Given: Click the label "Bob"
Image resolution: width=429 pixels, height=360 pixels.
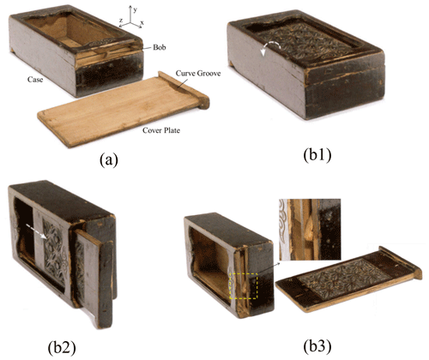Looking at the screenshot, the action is pyautogui.click(x=160, y=47).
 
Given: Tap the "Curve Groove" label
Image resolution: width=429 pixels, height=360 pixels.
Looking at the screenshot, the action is pyautogui.click(x=198, y=74).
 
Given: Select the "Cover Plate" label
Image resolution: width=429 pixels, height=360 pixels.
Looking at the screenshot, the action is pyautogui.click(x=161, y=130).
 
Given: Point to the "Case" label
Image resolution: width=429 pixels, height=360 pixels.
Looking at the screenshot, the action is pyautogui.click(x=35, y=80).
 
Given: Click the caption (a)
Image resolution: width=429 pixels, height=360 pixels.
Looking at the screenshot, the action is pyautogui.click(x=109, y=159).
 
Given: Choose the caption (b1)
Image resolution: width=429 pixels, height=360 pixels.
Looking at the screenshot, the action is pyautogui.click(x=317, y=155).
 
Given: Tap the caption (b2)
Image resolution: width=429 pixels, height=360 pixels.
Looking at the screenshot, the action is pyautogui.click(x=62, y=348).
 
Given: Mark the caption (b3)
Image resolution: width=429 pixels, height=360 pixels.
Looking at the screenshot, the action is pyautogui.click(x=317, y=347).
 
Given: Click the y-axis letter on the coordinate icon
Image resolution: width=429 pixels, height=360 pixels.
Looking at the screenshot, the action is pyautogui.click(x=136, y=9).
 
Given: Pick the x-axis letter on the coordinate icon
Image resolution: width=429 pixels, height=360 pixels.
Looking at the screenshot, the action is pyautogui.click(x=142, y=22).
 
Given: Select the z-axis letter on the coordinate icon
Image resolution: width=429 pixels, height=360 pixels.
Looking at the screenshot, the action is pyautogui.click(x=121, y=21).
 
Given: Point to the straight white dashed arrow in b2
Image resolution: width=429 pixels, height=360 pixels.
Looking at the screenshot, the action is pyautogui.click(x=36, y=231).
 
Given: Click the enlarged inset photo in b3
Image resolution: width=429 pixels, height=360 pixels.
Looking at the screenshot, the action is pyautogui.click(x=310, y=230).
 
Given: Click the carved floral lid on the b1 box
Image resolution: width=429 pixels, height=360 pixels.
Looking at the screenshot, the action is pyautogui.click(x=305, y=43).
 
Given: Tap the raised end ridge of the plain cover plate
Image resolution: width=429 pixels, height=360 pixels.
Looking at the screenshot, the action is pyautogui.click(x=184, y=89).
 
